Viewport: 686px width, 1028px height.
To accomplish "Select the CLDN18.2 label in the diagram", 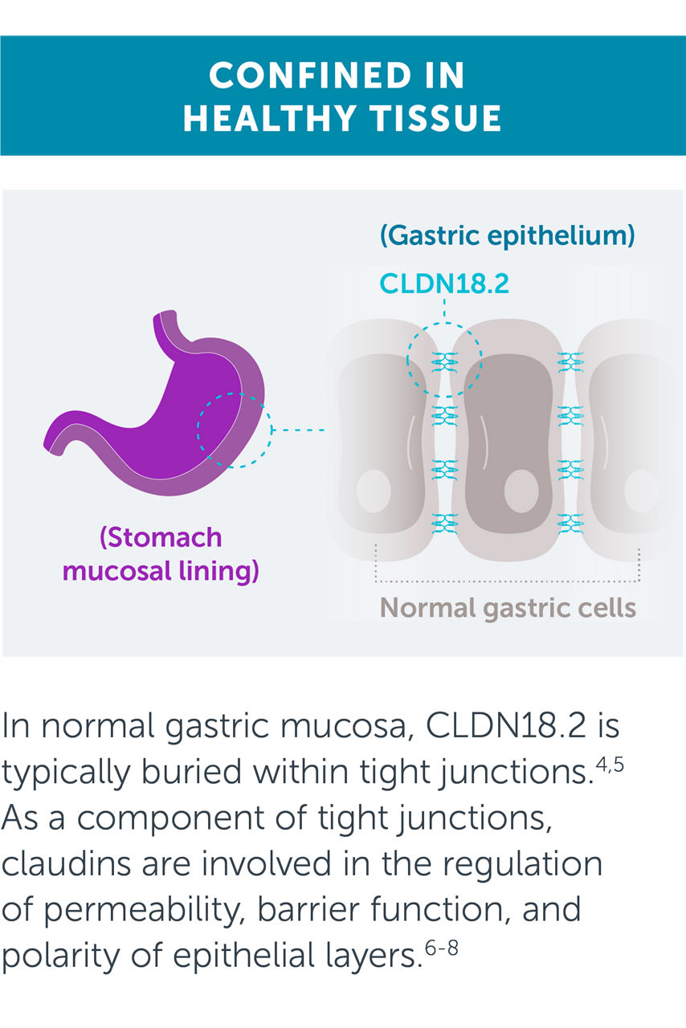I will [444, 283].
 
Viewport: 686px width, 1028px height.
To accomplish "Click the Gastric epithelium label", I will [508, 236].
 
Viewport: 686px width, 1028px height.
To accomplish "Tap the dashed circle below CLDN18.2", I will [444, 360].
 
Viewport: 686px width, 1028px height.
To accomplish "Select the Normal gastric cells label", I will [508, 607].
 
